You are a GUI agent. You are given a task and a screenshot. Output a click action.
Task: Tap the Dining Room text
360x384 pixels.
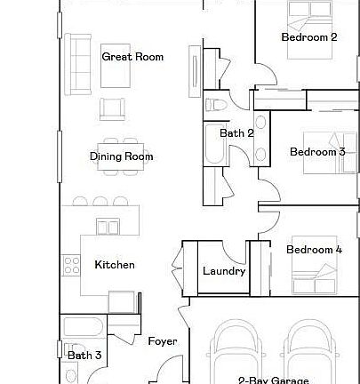click(121, 156)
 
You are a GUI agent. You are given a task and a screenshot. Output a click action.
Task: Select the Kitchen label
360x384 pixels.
click(115, 265)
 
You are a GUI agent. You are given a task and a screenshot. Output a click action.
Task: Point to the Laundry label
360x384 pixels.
click(223, 271)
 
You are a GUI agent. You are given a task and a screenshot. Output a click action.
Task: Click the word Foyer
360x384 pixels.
click(162, 341)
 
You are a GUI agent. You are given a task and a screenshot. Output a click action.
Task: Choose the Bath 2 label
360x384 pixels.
click(237, 133)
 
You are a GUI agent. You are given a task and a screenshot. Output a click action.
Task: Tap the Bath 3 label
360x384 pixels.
click(84, 356)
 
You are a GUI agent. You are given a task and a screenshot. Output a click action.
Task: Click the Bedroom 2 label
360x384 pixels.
click(308, 37)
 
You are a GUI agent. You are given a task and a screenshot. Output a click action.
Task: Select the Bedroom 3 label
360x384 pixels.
click(317, 152)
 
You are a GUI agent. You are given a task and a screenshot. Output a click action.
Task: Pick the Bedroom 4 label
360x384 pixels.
click(314, 250)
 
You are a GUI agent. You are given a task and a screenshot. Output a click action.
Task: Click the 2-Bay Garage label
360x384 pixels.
click(273, 380)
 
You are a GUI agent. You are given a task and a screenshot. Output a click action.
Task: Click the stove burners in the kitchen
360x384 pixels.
click(70, 265)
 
